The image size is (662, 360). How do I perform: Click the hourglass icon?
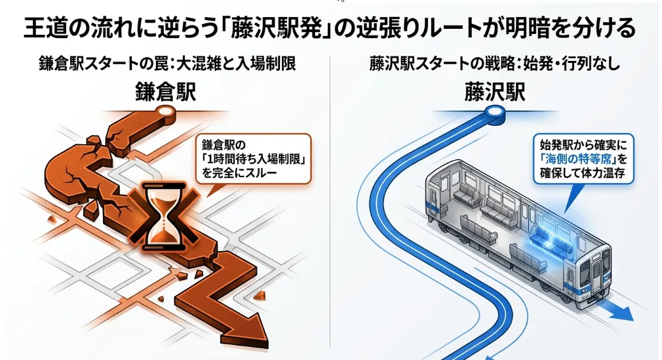163,216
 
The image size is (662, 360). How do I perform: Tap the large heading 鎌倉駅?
165,92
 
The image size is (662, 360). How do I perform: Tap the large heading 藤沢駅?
494,92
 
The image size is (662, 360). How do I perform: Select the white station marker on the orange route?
166,111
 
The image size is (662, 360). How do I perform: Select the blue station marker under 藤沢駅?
494,112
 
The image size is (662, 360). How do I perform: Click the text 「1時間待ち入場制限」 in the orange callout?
253,159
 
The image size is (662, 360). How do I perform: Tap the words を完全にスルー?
239,173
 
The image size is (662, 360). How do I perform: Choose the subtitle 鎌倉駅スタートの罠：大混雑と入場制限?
167,64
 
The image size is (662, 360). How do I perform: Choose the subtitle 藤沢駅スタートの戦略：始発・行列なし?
494,64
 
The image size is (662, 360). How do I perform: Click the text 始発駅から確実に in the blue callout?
583,145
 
